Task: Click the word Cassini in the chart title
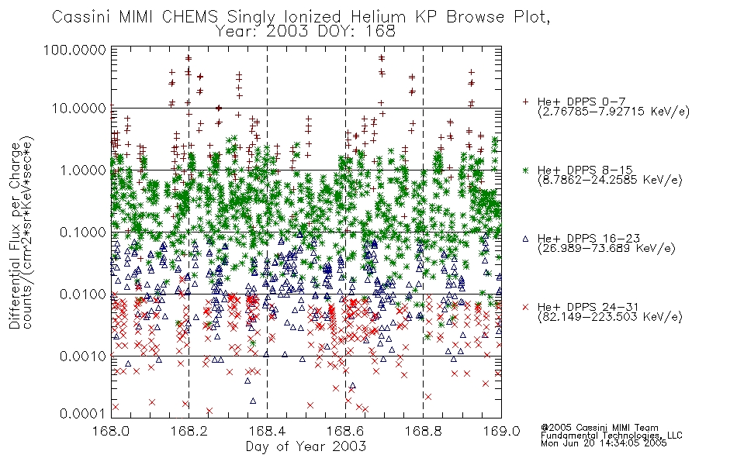pyautogui.click(x=81, y=17)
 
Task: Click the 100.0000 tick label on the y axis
pyautogui.click(x=74, y=50)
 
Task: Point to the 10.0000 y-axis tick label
pyautogui.click(x=78, y=108)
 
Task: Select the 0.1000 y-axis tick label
pyautogui.click(x=83, y=232)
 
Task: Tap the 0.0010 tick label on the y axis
pyautogui.click(x=83, y=356)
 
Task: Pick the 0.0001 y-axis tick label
pyautogui.click(x=83, y=414)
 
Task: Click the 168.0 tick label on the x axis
pyautogui.click(x=112, y=431)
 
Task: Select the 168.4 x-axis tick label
pyautogui.click(x=267, y=431)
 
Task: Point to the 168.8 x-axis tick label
pyautogui.click(x=423, y=431)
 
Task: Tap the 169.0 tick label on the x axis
pyautogui.click(x=501, y=431)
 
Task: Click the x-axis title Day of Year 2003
pyautogui.click(x=306, y=446)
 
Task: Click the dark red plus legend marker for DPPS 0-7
pyautogui.click(x=525, y=102)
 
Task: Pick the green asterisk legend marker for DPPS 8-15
pyautogui.click(x=525, y=170)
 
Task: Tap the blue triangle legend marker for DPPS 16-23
pyautogui.click(x=525, y=239)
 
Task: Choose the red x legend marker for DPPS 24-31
pyautogui.click(x=525, y=307)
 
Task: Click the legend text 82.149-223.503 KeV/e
pyautogui.click(x=610, y=317)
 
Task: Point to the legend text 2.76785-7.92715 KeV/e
pyautogui.click(x=614, y=112)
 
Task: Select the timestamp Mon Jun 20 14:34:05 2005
pyautogui.click(x=604, y=443)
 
